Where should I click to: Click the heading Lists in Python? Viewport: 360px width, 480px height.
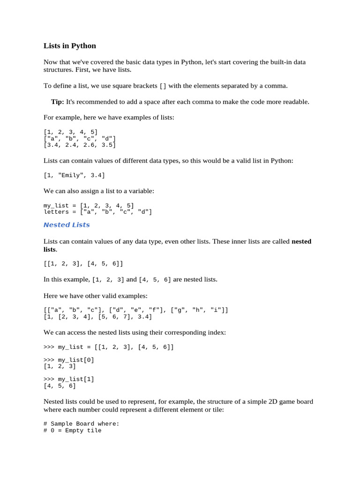coord(70,46)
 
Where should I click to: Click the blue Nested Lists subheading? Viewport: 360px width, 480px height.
coord(67,225)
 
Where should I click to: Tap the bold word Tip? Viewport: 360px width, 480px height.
coord(58,102)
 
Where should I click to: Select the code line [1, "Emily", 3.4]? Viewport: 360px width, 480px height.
coord(75,175)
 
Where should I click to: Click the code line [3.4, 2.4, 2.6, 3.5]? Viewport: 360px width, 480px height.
coord(80,145)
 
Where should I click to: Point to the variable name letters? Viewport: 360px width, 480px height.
coord(56,212)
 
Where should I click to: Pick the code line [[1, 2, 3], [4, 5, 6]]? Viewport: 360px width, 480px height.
coord(83,264)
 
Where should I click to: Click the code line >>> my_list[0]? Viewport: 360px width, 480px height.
coord(69,360)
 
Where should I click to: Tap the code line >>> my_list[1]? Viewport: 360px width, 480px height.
coord(69,379)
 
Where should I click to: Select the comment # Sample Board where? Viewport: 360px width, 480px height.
coord(82,424)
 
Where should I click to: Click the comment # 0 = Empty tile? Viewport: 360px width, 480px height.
coord(73,430)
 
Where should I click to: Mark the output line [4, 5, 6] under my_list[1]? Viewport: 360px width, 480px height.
coord(60,386)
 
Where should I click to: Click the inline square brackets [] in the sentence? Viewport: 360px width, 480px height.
coord(163,86)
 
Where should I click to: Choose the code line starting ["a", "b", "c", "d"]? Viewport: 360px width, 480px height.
coord(80,139)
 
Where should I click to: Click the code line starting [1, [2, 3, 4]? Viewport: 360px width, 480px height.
coord(98,317)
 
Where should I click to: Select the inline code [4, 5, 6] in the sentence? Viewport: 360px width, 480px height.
coord(155,280)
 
